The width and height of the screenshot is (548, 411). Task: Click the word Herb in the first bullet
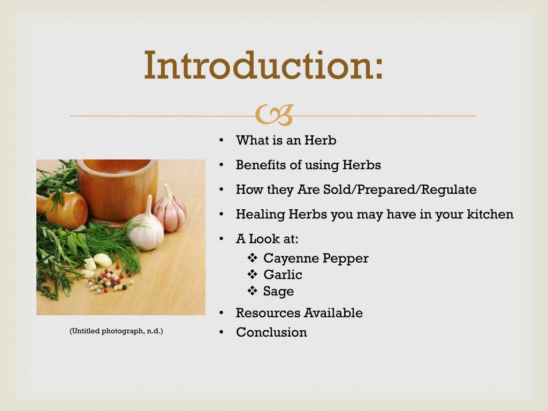[x=321, y=140]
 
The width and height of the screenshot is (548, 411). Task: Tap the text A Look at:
[x=267, y=239]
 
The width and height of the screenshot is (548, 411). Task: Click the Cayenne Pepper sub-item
[x=316, y=258]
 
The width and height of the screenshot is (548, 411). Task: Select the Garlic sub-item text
[x=283, y=275]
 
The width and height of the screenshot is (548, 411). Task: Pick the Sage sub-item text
[x=278, y=291]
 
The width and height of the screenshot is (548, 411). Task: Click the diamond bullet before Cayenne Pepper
[x=253, y=258]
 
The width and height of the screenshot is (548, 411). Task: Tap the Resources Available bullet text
[x=299, y=313]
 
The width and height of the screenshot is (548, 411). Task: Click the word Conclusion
[x=271, y=332]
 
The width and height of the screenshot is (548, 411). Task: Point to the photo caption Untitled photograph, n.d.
[x=116, y=331]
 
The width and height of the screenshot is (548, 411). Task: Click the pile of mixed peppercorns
[x=110, y=280]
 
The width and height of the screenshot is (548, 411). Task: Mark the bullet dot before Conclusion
[x=221, y=332]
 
